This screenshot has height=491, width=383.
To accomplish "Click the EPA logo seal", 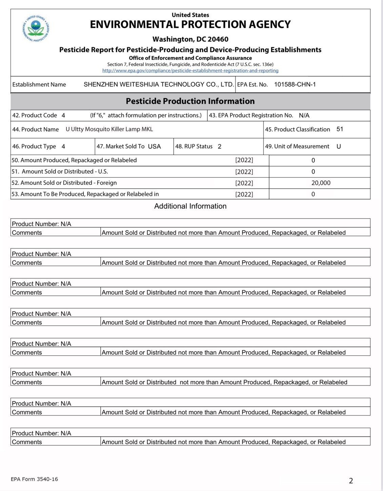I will (x=36, y=28).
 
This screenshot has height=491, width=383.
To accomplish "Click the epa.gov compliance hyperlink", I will (x=190, y=71).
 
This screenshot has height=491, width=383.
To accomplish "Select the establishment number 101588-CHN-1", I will (x=295, y=84).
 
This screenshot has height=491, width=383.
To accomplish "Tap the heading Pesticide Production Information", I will (x=190, y=101).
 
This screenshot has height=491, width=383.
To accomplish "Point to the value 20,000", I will (x=321, y=183).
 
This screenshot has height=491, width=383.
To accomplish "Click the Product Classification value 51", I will (x=340, y=129).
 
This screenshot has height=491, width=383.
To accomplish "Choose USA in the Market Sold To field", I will (x=154, y=147).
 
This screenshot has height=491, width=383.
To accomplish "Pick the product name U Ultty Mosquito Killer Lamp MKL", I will (x=109, y=129).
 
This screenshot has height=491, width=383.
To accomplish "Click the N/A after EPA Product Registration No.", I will (x=304, y=115).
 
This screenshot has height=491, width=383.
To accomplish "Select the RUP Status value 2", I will (x=219, y=147).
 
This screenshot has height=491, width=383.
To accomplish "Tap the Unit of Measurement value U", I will (x=338, y=147).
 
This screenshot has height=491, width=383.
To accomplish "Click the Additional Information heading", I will (x=190, y=206).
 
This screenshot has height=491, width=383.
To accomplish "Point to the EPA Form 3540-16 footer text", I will (x=34, y=479).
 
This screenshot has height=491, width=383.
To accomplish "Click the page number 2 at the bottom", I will (x=351, y=481).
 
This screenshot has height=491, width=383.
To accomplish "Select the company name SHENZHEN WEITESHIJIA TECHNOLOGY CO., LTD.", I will (x=159, y=84).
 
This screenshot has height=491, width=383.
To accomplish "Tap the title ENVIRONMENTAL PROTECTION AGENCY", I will (x=190, y=24).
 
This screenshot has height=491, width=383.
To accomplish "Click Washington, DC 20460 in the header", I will (x=190, y=39).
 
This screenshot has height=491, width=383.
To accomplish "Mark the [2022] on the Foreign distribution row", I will (x=244, y=183).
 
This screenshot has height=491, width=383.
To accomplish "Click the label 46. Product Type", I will (x=34, y=147).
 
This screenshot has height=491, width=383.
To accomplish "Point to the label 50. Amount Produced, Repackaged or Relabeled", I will (x=74, y=160).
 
